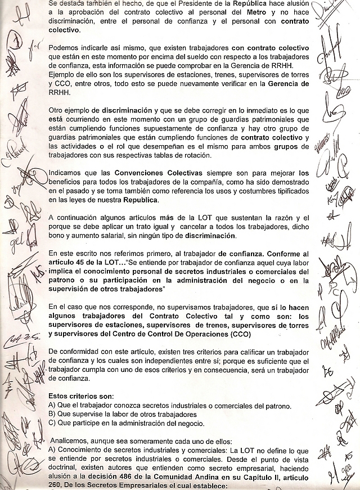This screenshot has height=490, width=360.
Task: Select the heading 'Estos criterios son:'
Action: click(x=81, y=395)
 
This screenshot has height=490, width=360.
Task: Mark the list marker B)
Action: click(x=52, y=414)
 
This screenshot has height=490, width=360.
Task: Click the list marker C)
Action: click(x=52, y=423)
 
